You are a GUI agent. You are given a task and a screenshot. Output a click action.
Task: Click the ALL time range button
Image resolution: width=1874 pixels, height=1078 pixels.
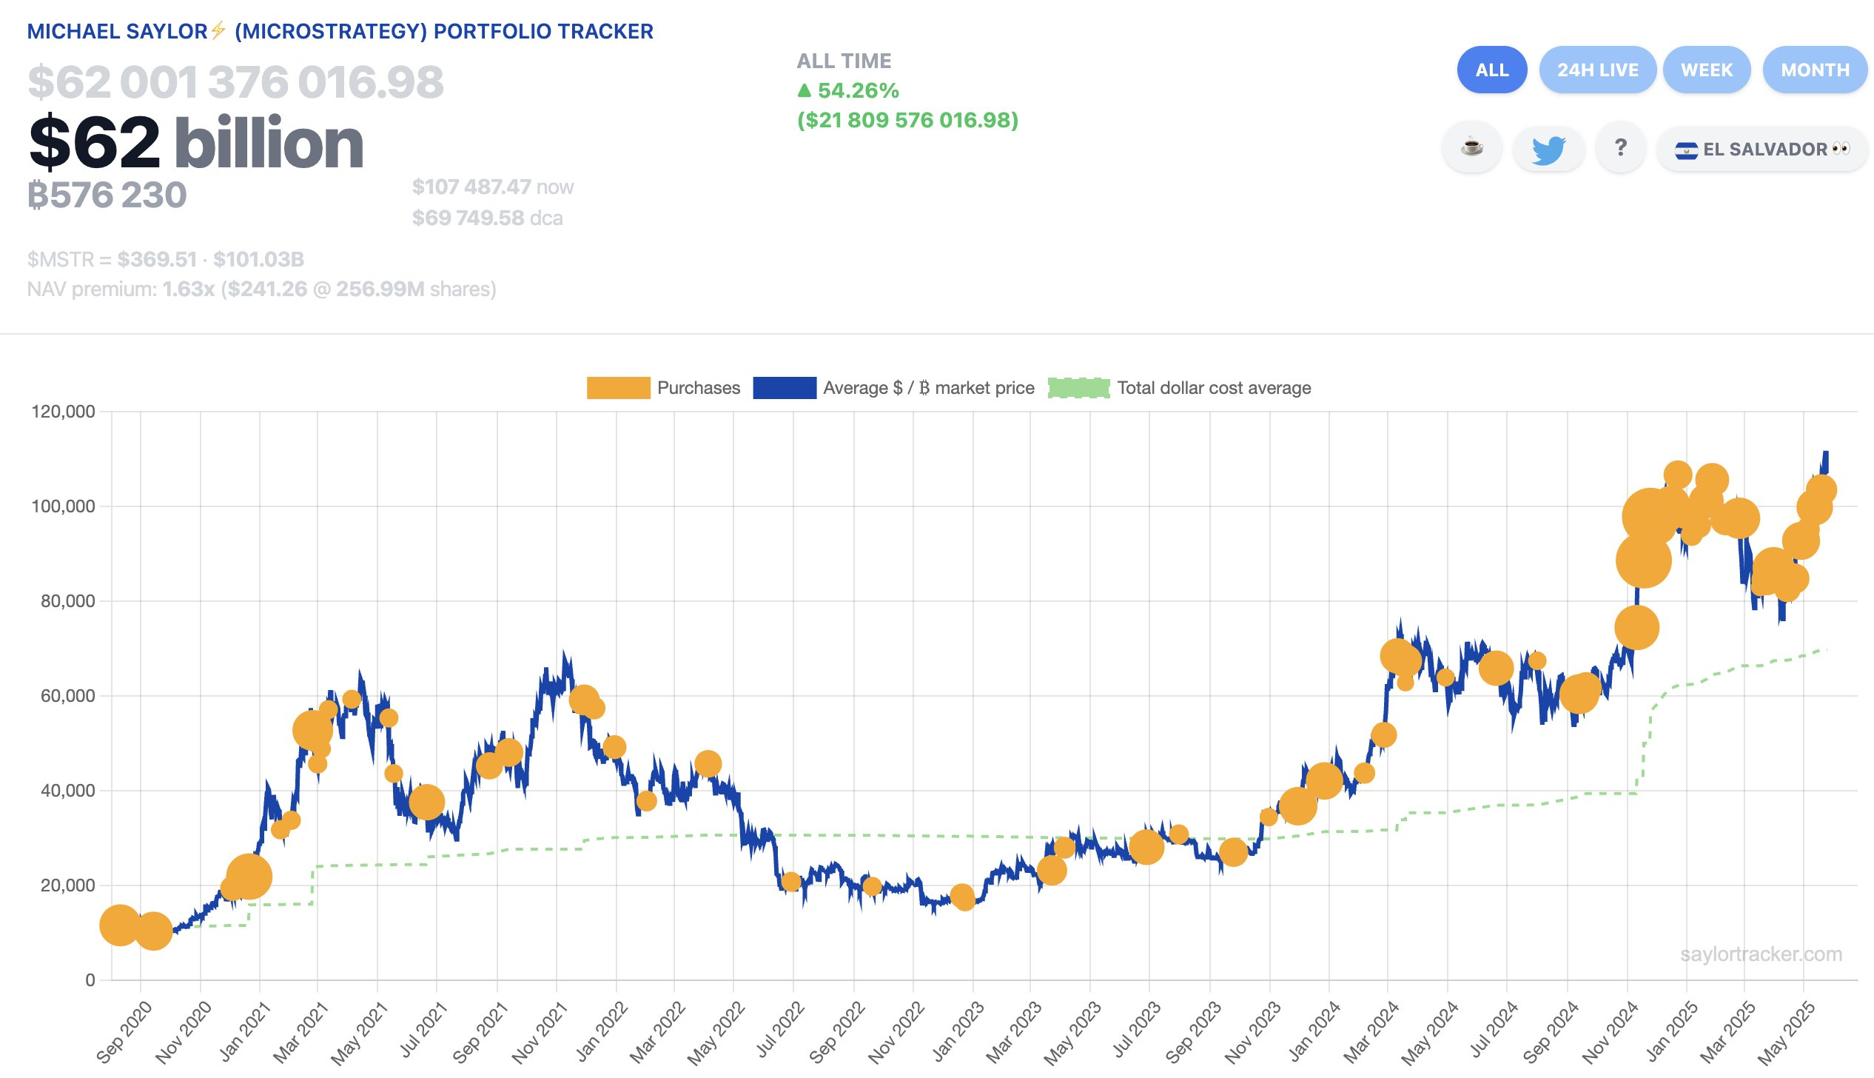(x=1491, y=70)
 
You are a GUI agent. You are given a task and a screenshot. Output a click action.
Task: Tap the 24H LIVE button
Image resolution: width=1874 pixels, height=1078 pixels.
(x=1597, y=70)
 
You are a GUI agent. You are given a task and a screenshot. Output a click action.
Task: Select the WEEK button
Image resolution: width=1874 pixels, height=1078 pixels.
(x=1706, y=70)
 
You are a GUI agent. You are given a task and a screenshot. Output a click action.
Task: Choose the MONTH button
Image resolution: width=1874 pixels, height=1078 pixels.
(x=1815, y=70)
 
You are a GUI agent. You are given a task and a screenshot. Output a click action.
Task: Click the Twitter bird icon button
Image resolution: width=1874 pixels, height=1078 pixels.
(x=1548, y=149)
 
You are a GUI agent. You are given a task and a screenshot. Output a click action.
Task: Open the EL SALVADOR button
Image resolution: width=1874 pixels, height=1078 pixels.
(x=1762, y=149)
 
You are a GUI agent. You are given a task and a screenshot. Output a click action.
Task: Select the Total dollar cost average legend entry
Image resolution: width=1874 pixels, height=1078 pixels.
(x=1180, y=388)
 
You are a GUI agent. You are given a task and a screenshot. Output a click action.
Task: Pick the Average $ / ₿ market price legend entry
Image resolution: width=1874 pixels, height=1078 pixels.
(x=893, y=388)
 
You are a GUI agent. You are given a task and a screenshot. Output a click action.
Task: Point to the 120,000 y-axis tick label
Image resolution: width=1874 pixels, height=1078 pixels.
(x=64, y=412)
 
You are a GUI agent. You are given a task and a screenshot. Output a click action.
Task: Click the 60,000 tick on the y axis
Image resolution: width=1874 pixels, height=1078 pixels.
(x=68, y=696)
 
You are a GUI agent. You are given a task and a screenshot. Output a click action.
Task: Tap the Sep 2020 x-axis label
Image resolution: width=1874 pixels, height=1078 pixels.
(x=124, y=1031)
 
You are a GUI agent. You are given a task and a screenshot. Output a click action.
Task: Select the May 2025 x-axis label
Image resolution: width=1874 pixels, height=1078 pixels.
(x=1787, y=1031)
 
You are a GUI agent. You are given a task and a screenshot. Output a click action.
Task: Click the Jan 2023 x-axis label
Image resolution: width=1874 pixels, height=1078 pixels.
(x=958, y=1031)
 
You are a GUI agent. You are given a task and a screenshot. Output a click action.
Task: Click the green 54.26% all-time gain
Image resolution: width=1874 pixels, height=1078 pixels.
(x=848, y=90)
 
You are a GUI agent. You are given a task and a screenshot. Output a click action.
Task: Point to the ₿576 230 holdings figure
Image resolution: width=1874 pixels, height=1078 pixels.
(x=107, y=195)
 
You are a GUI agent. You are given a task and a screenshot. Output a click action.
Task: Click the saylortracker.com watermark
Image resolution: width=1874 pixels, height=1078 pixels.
(x=1761, y=954)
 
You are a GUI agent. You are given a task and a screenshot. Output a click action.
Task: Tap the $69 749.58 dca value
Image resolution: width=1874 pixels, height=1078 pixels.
(x=487, y=218)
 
